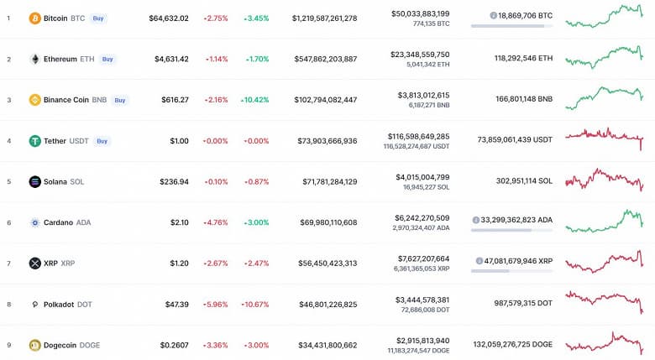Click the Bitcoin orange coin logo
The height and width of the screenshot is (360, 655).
pyautogui.click(x=34, y=18)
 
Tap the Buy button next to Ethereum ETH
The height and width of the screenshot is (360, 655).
pyautogui.click(x=107, y=59)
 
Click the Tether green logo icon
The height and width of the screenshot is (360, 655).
pyautogui.click(x=34, y=141)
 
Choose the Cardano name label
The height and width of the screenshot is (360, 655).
pyautogui.click(x=58, y=222)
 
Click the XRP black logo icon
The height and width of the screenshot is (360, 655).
pyautogui.click(x=34, y=263)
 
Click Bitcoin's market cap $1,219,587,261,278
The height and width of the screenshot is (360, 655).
pyautogui.click(x=324, y=18)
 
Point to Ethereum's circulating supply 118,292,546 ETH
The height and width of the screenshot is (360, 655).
pyautogui.click(x=511, y=59)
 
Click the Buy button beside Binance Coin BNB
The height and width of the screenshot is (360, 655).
pyautogui.click(x=120, y=100)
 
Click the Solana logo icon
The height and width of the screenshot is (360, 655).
pyautogui.click(x=34, y=181)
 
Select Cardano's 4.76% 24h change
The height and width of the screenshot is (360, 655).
pyautogui.click(x=216, y=222)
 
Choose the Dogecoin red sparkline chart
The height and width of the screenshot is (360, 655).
pyautogui.click(x=605, y=342)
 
